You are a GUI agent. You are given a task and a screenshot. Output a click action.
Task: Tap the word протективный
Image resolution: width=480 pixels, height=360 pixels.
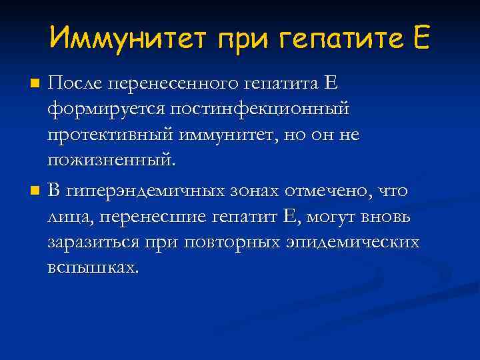[x=110, y=135]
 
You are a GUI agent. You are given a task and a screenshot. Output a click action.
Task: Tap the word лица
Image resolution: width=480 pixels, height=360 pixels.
[x=69, y=217]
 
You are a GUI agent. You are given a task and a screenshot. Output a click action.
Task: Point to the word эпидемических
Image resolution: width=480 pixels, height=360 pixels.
[x=355, y=243]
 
